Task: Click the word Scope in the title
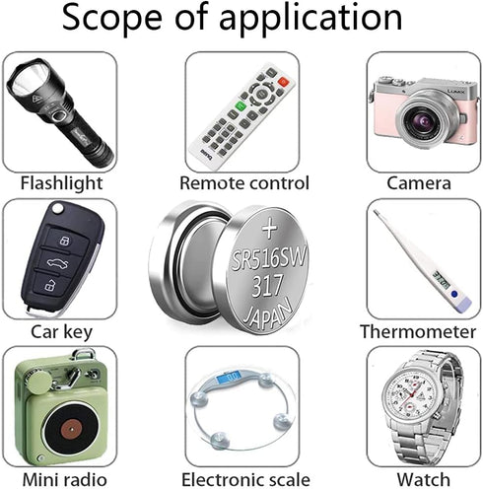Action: (x=112, y=18)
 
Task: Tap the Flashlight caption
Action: (x=61, y=183)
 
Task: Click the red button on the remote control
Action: (x=283, y=82)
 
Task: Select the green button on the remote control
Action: (x=241, y=106)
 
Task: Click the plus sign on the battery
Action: (x=270, y=228)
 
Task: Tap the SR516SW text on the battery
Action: (x=269, y=258)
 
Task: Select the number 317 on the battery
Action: (x=267, y=286)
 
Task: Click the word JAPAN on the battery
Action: (x=267, y=313)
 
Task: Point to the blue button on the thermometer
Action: (x=454, y=294)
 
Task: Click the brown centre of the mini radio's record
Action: (x=71, y=429)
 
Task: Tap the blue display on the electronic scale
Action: (x=229, y=376)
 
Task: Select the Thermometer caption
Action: (x=418, y=331)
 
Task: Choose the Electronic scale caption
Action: (x=245, y=480)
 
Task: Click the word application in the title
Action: (x=310, y=19)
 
